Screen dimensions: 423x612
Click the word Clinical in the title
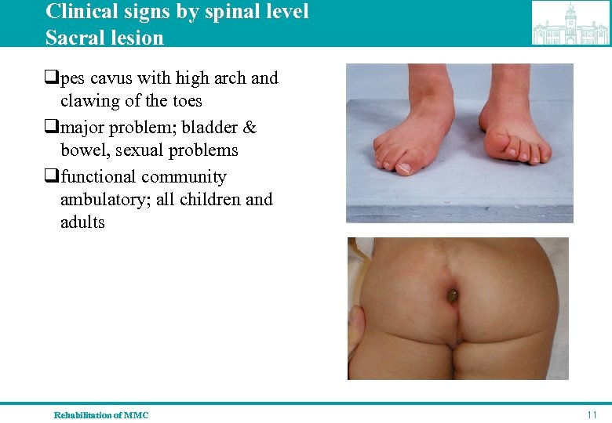pyautogui.click(x=78, y=12)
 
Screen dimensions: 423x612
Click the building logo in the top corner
pyautogui.click(x=570, y=23)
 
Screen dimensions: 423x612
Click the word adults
pyautogui.click(x=82, y=222)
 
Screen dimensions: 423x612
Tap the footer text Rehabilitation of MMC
pyautogui.click(x=101, y=414)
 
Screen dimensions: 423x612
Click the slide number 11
pyautogui.click(x=592, y=414)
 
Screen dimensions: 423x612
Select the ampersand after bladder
pyautogui.click(x=250, y=127)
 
